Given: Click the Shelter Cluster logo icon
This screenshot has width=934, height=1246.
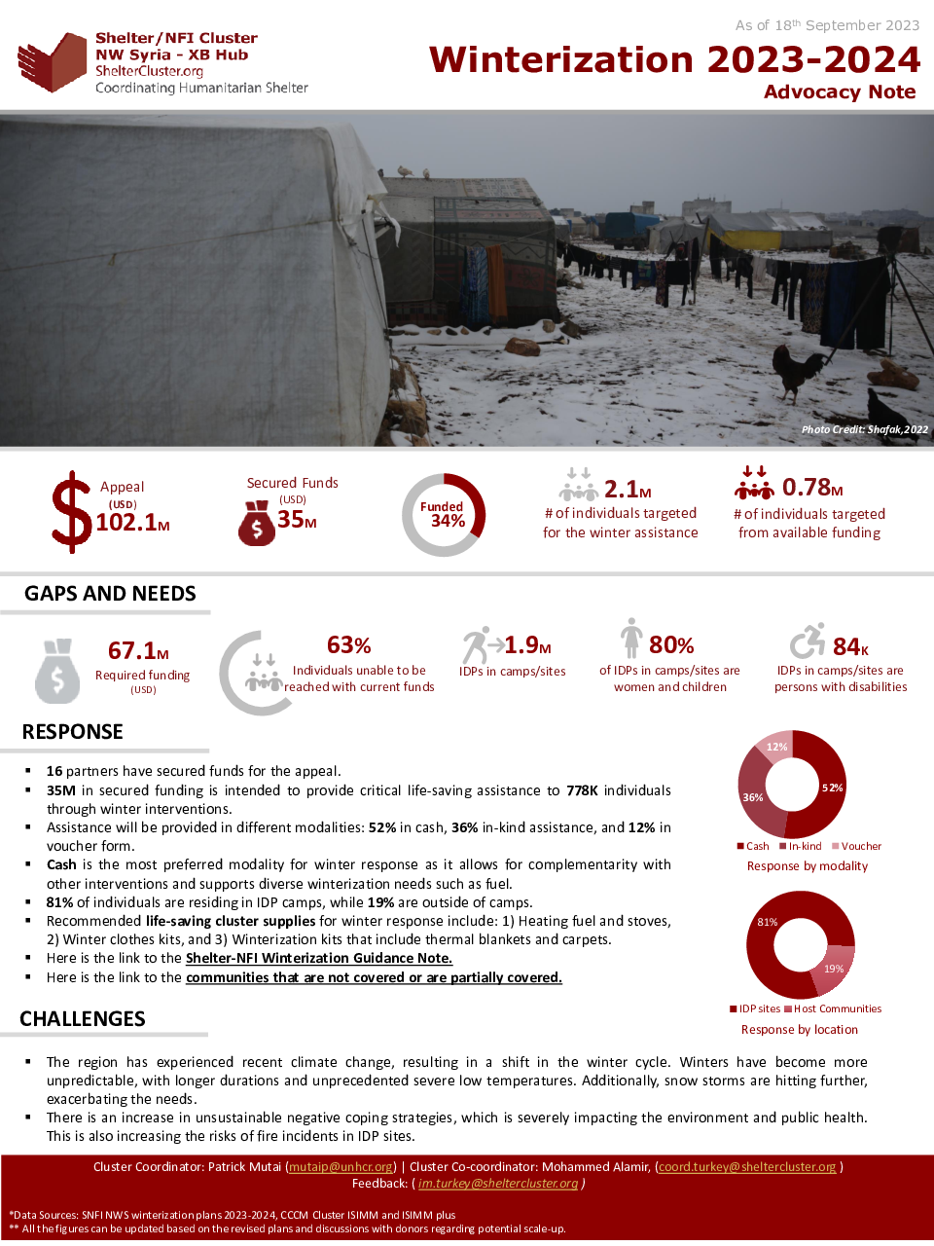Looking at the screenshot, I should (53, 62).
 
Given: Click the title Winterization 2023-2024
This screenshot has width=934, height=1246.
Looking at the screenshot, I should (674, 60).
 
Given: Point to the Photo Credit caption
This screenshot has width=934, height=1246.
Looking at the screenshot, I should (864, 429).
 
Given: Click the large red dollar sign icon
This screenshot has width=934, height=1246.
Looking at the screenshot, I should (71, 512).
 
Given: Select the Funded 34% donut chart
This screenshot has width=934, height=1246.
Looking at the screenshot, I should (444, 515).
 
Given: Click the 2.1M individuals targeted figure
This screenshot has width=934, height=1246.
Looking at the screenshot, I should (628, 489).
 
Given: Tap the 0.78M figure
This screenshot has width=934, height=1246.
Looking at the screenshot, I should (812, 487).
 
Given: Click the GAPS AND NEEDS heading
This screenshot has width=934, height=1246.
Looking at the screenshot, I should (110, 594).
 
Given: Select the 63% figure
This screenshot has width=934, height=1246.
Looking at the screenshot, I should (349, 645).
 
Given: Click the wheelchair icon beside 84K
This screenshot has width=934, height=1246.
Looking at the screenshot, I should (807, 641).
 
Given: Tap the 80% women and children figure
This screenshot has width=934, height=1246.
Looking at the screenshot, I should (671, 645).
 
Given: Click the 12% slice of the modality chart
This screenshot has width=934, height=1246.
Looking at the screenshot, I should (776, 747).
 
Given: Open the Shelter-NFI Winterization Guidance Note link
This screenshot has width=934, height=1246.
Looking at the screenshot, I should (319, 959).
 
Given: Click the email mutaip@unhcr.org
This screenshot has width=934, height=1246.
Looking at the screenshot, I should (341, 1167).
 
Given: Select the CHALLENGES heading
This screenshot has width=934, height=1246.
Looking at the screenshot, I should (83, 1019).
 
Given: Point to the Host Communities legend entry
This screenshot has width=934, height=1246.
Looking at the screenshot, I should (833, 1009).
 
